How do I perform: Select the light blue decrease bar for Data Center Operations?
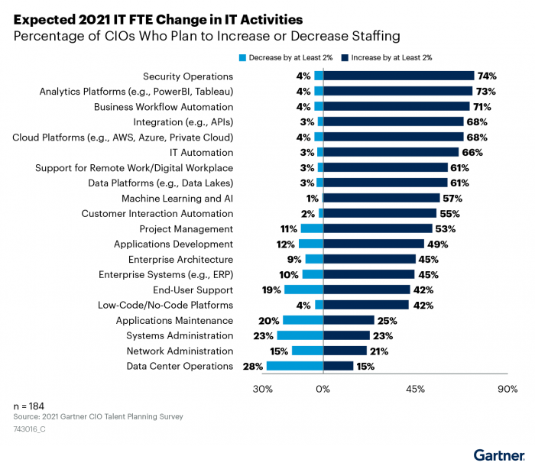[x=295, y=367]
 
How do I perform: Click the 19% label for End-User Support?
[x=271, y=290]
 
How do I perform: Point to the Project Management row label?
[x=186, y=229]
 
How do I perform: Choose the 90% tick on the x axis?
[x=507, y=390]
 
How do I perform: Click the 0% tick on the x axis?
[x=323, y=390]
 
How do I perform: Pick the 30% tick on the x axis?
[x=262, y=390]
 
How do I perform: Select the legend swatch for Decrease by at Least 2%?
[x=243, y=57]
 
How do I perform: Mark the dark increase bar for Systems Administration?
[x=347, y=336]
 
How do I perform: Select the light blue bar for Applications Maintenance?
[x=303, y=321]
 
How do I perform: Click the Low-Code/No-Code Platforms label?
[x=165, y=306]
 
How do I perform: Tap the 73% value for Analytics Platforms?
[x=485, y=92]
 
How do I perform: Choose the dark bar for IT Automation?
[x=391, y=153]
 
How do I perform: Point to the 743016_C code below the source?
[x=30, y=430]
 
